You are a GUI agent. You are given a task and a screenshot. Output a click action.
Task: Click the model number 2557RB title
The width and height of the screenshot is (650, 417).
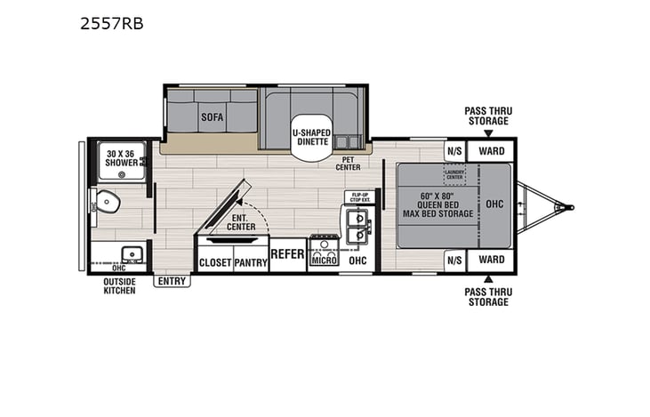tap(111, 24)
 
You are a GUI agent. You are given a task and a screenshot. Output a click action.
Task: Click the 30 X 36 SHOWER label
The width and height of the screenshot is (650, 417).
tap(121, 157)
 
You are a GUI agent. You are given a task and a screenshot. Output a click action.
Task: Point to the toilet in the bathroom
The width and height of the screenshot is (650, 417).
tap(108, 204)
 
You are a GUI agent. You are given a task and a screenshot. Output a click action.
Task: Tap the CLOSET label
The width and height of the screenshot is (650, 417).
tap(214, 262)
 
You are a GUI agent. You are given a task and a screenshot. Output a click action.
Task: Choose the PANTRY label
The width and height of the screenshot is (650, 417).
tap(251, 262)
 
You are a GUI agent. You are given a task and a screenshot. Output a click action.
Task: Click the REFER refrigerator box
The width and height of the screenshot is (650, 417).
tap(287, 254)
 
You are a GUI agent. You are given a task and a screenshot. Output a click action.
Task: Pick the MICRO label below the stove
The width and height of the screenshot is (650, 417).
tap(324, 261)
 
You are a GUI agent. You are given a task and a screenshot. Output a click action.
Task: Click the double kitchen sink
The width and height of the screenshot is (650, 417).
tap(357, 226)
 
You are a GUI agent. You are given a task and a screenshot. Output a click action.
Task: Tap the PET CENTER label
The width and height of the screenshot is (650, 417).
tap(347, 164)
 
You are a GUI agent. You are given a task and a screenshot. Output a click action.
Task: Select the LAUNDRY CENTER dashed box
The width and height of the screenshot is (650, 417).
tap(455, 174)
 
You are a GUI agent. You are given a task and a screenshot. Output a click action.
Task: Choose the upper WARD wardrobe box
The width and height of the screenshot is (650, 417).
tap(492, 151)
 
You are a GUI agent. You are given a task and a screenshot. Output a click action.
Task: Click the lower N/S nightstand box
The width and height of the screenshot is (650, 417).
tap(454, 260)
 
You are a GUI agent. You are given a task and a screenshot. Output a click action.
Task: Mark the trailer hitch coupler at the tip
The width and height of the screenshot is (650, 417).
tap(558, 208)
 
